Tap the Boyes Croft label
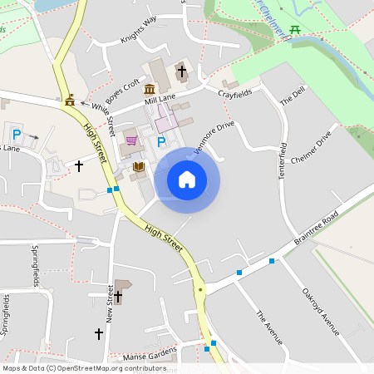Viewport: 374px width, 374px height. click(121, 88)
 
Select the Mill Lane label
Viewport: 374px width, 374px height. click(160, 99)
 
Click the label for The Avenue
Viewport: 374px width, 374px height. click(269, 327)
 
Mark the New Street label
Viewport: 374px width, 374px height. click(110, 303)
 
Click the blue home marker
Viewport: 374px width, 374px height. click(187, 180)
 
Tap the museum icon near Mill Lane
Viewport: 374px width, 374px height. click(150, 89)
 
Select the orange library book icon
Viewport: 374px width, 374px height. click(138, 168)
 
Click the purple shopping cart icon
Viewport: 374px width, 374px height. click(130, 140)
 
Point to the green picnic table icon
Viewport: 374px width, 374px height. click(296, 30)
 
